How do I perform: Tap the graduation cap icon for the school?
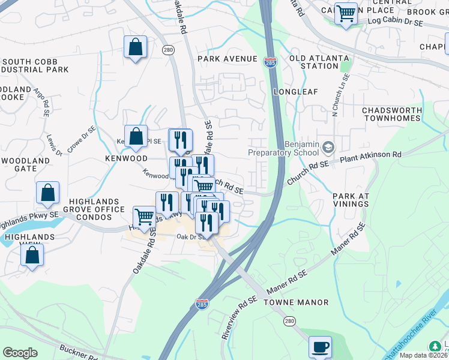[x=328, y=147]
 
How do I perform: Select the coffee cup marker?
[x=320, y=347]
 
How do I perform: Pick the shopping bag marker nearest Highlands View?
[x=32, y=255]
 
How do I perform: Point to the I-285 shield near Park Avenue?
[x=270, y=61]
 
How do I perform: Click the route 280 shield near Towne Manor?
[x=291, y=322]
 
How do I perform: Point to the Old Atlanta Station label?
[x=318, y=62]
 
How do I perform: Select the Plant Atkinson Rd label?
[x=370, y=157]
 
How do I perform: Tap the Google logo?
[x=20, y=352]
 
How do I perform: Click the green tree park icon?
[x=434, y=347]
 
